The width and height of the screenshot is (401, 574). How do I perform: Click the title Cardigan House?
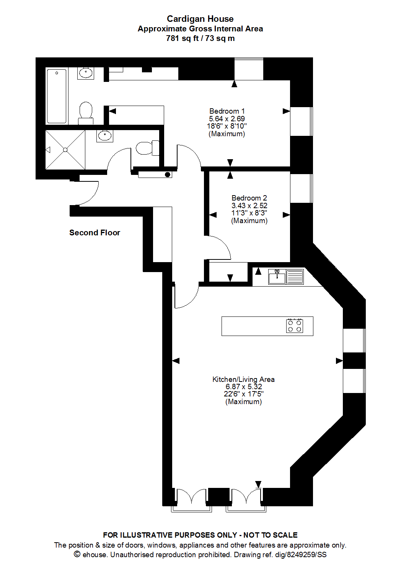pyautogui.click(x=200, y=19)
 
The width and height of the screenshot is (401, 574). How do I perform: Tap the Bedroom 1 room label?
pyautogui.click(x=227, y=111)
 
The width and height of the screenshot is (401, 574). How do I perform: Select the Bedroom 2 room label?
pyautogui.click(x=249, y=198)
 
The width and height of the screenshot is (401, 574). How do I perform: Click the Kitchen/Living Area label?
pyautogui.click(x=243, y=379)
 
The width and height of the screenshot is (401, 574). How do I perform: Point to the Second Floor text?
pyautogui.click(x=95, y=233)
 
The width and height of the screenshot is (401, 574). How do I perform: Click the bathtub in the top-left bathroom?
pyautogui.click(x=57, y=96)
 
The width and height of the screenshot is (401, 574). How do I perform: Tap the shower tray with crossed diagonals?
pyautogui.click(x=65, y=150)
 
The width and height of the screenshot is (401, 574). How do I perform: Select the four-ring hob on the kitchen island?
pyautogui.click(x=295, y=326)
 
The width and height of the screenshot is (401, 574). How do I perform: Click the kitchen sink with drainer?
pyautogui.click(x=286, y=276)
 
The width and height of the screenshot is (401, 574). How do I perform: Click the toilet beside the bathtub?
pyautogui.click(x=86, y=113)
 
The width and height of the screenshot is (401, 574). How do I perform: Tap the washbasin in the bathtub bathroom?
pyautogui.click(x=86, y=73)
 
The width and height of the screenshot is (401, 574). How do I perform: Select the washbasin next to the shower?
pyautogui.click(x=104, y=135)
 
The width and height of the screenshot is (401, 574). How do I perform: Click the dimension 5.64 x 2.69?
pyautogui.click(x=227, y=119)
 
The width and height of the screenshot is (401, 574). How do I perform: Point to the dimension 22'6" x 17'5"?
pyautogui.click(x=243, y=394)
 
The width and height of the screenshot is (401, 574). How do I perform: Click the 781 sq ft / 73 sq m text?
pyautogui.click(x=200, y=38)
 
